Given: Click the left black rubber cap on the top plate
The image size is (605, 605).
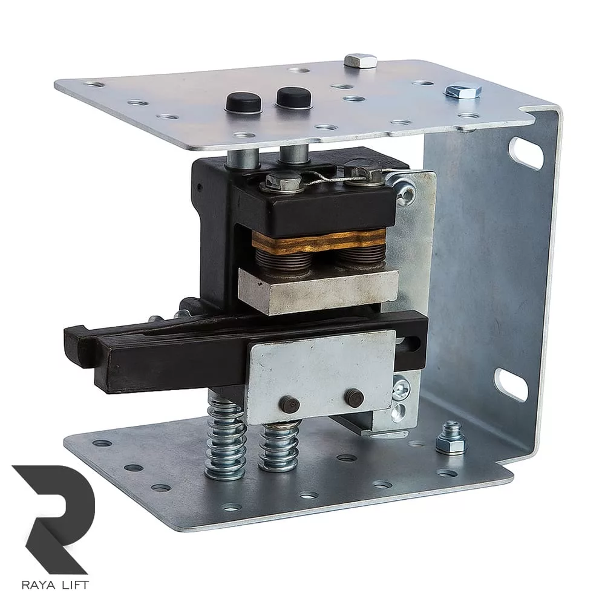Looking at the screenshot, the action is click(244, 102).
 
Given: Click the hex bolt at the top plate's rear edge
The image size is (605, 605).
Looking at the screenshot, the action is click(361, 60).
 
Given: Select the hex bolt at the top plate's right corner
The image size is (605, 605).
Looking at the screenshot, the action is click(463, 91).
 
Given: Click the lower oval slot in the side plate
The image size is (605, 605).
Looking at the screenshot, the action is click(512, 384).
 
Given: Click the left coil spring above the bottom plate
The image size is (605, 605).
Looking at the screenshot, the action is click(225, 438).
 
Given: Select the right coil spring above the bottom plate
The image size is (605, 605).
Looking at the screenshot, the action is click(279, 446).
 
